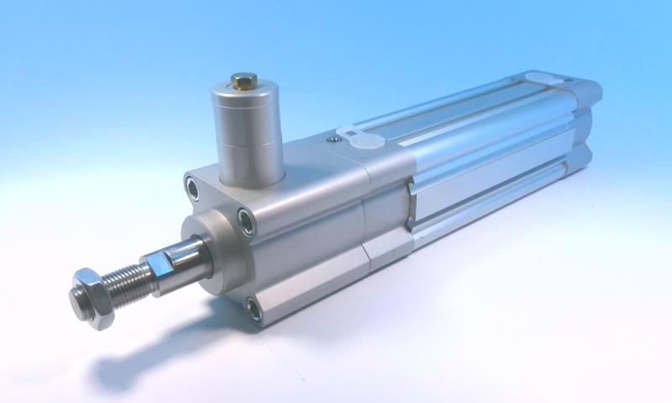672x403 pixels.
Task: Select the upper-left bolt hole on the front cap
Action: pos(193,188)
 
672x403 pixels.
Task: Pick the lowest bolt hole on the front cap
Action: pos(253,309)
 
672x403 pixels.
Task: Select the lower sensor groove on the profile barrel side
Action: pos(496,194)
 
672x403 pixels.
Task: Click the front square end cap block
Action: pos(302,227)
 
